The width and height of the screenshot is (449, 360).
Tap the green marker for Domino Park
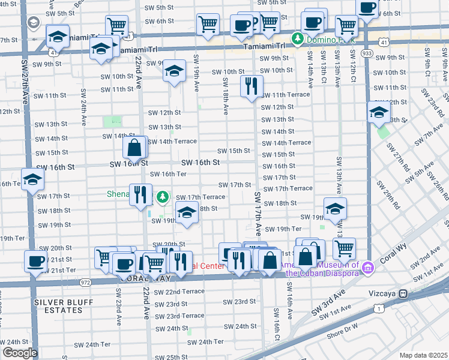coord(297,39)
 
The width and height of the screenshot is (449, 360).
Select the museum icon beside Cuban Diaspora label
coord(367,265)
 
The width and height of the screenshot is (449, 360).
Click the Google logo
coord(19,352)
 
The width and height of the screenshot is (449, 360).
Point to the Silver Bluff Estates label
coord(58,305)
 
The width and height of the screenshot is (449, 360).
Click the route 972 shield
coord(85,282)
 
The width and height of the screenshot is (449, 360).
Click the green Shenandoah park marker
coord(162,196)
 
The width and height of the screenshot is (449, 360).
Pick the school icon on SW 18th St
coord(187,212)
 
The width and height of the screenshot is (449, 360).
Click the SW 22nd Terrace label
coord(179,292)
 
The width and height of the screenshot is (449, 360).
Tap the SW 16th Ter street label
coord(168,174)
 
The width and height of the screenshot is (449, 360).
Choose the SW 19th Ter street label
coord(283,229)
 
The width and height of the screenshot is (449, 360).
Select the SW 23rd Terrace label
coord(185,316)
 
